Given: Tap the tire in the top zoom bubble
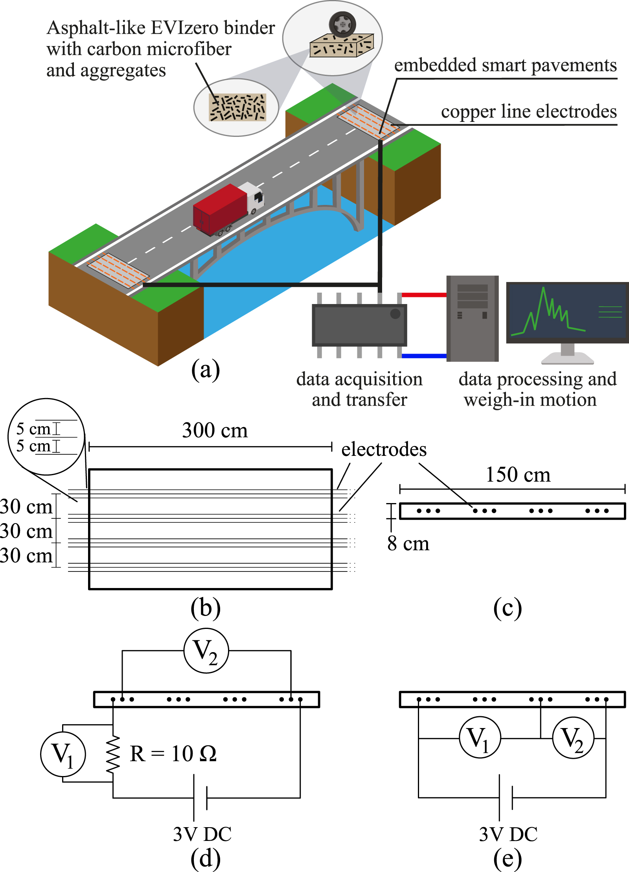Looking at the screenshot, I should [x=342, y=24].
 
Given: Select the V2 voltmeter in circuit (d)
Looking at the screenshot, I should [x=206, y=651].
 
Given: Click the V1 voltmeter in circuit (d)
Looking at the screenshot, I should [x=63, y=754].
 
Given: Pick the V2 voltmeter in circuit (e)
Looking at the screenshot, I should [x=573, y=738].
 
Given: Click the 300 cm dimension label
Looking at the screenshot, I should [x=215, y=430].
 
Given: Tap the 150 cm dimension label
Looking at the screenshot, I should [x=518, y=474].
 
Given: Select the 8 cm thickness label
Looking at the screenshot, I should [x=408, y=544].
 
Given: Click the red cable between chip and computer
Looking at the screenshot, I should [x=424, y=295].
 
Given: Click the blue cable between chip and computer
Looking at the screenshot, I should [x=424, y=356].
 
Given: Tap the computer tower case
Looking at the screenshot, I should [x=472, y=319].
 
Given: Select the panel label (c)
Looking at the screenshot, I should [x=507, y=608].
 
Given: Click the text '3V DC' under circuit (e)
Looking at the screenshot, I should [x=508, y=834].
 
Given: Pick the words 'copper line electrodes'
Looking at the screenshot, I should [x=528, y=112].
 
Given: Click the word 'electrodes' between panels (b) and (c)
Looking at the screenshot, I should [x=384, y=449].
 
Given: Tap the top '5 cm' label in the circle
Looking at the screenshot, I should [x=33, y=429].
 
